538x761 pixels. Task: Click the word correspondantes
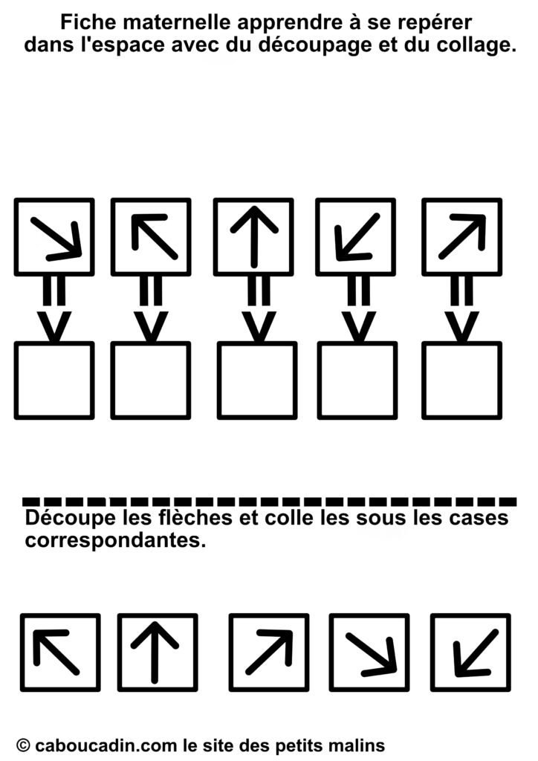(115, 540)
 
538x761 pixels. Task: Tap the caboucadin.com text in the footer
(107, 745)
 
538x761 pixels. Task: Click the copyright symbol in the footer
(23, 745)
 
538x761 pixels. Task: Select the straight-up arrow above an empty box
(253, 236)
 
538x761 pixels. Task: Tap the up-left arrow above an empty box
(155, 236)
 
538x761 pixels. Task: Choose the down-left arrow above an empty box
(357, 237)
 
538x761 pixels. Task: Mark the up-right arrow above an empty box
(462, 236)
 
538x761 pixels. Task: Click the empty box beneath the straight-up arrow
(257, 380)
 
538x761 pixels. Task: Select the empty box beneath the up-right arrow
(462, 380)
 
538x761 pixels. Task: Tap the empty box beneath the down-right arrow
(54, 380)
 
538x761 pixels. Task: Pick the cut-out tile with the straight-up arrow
(158, 652)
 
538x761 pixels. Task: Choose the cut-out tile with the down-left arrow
(470, 652)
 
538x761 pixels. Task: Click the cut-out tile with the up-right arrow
(269, 652)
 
